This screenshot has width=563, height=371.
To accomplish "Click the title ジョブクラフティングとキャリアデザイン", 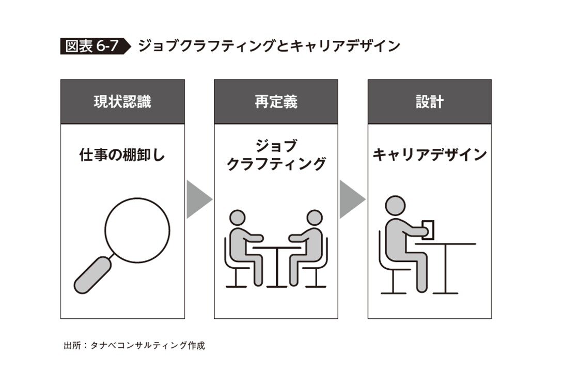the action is click(x=269, y=46).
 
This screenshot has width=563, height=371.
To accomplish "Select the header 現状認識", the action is click(x=122, y=102).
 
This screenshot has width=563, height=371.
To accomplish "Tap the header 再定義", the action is click(x=276, y=102).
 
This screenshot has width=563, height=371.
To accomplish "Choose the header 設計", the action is click(x=430, y=102).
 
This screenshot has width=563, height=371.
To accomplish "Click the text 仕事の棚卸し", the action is click(x=122, y=155).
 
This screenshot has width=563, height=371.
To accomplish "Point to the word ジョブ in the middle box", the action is click(x=276, y=146).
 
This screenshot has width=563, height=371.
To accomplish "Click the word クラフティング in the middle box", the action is click(x=276, y=164).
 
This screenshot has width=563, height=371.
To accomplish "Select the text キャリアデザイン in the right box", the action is click(x=430, y=155).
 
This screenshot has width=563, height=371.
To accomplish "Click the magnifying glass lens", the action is click(x=137, y=230).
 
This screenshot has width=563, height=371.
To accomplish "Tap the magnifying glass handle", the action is click(x=92, y=275).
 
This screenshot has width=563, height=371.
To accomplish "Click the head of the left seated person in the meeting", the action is click(x=237, y=218).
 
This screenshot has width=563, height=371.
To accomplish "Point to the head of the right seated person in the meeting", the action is click(x=315, y=218).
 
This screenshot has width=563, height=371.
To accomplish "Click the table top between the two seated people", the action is click(x=276, y=248).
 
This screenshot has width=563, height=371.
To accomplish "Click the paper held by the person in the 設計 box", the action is click(x=428, y=230).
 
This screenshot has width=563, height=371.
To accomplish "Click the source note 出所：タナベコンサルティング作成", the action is click(x=134, y=346).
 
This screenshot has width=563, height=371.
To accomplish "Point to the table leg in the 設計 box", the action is click(x=446, y=269).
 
